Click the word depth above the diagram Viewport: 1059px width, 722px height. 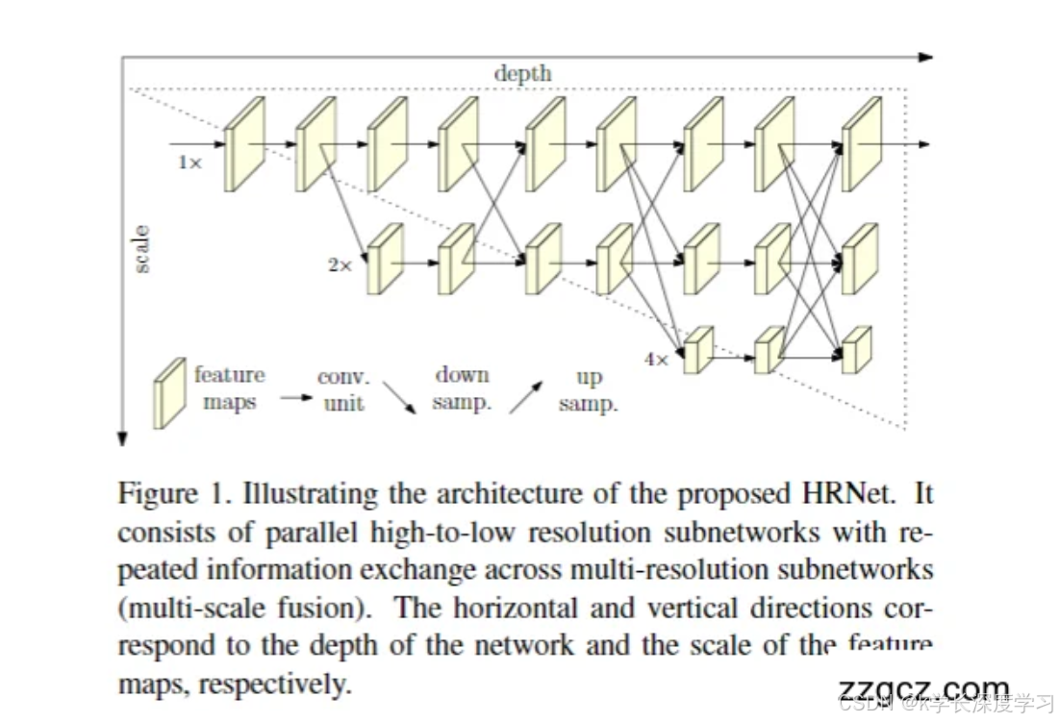[x=522, y=73]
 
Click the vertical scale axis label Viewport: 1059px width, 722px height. [x=141, y=249]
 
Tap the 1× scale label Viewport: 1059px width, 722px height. [x=189, y=162]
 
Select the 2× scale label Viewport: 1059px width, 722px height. [x=340, y=264]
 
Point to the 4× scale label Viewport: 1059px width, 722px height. [x=656, y=360]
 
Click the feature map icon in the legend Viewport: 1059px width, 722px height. [x=169, y=392]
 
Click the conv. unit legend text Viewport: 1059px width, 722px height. [x=343, y=390]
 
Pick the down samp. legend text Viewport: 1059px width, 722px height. [x=462, y=388]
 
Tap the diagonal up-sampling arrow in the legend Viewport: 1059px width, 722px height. [x=526, y=396]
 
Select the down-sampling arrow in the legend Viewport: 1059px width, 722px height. [x=399, y=397]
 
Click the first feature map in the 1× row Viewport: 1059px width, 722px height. [x=243, y=144]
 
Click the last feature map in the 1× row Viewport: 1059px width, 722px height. [x=861, y=144]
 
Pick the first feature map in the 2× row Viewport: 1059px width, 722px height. [x=385, y=259]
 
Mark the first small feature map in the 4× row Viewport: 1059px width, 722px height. [x=698, y=350]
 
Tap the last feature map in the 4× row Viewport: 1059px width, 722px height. [x=856, y=350]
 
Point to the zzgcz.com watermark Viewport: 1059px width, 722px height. [x=924, y=688]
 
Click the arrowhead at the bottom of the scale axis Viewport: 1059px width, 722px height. [x=122, y=439]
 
